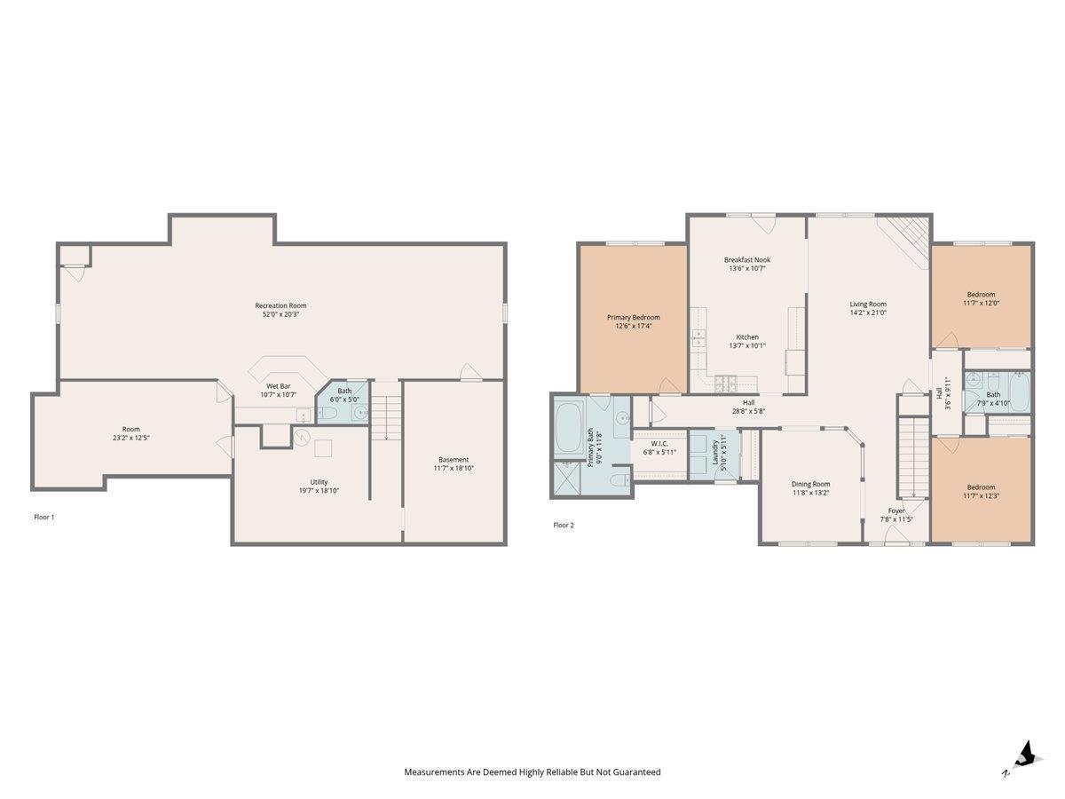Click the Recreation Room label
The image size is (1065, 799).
(x=280, y=305)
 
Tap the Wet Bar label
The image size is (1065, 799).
(x=278, y=386)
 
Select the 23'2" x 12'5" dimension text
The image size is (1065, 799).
(x=130, y=438)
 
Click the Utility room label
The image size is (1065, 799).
(x=319, y=482)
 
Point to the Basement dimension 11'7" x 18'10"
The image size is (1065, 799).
(x=454, y=468)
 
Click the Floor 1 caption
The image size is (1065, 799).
(x=44, y=518)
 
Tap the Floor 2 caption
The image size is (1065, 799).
(x=564, y=525)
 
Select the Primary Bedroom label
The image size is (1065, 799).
(x=633, y=317)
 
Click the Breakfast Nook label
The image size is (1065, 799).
(x=746, y=259)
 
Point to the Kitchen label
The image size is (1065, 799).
(x=746, y=336)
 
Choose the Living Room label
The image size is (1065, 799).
(x=867, y=305)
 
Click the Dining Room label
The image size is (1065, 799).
(x=810, y=484)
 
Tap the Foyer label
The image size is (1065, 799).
(x=895, y=510)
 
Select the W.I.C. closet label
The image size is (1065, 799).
(x=659, y=443)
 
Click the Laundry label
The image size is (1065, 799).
(x=714, y=453)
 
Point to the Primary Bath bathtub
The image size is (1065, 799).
(x=569, y=428)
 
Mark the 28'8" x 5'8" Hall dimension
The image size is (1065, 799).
(x=748, y=411)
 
